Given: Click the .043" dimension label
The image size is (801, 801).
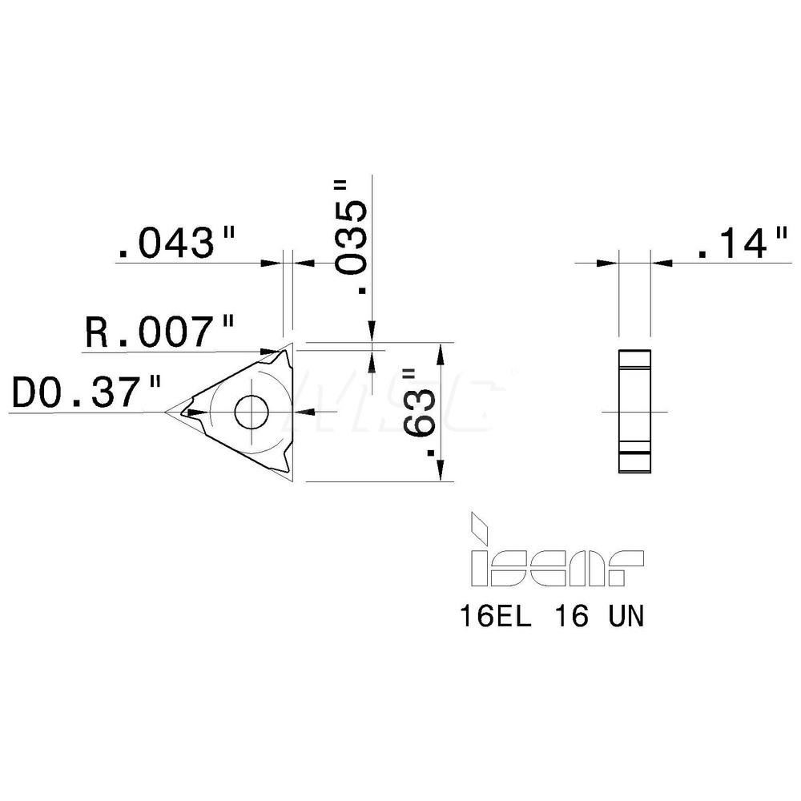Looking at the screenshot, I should point(177,244).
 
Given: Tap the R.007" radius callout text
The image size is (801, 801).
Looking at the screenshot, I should point(159,332).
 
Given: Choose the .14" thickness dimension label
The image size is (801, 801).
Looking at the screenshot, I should point(742,244).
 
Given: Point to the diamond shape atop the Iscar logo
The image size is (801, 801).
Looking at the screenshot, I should point(481,525).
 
